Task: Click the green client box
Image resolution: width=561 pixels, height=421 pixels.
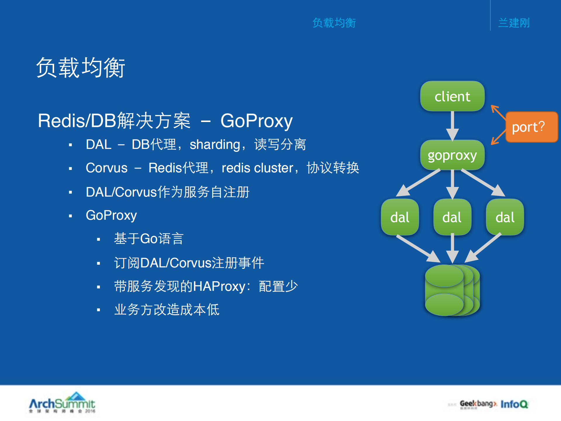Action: tap(452, 96)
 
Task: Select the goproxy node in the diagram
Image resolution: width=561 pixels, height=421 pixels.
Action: tap(452, 155)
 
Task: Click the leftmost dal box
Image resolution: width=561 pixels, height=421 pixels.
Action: tap(400, 217)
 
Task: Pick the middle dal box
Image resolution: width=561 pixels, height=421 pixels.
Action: tap(452, 217)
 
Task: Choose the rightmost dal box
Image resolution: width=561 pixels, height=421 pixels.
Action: tap(505, 217)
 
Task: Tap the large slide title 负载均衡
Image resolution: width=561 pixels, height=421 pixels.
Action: tap(80, 68)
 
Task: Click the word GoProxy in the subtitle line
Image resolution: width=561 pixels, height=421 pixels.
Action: tap(256, 121)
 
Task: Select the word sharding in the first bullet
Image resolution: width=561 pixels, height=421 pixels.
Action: tap(215, 145)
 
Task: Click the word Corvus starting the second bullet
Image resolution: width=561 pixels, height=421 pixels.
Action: tap(106, 168)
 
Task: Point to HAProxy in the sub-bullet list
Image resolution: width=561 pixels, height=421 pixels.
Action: tap(219, 286)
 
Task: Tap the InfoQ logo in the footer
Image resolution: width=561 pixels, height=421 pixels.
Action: tap(514, 404)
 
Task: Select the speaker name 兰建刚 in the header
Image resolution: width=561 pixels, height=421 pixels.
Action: tap(514, 23)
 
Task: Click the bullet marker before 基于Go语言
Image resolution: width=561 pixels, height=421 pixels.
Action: tap(99, 239)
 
